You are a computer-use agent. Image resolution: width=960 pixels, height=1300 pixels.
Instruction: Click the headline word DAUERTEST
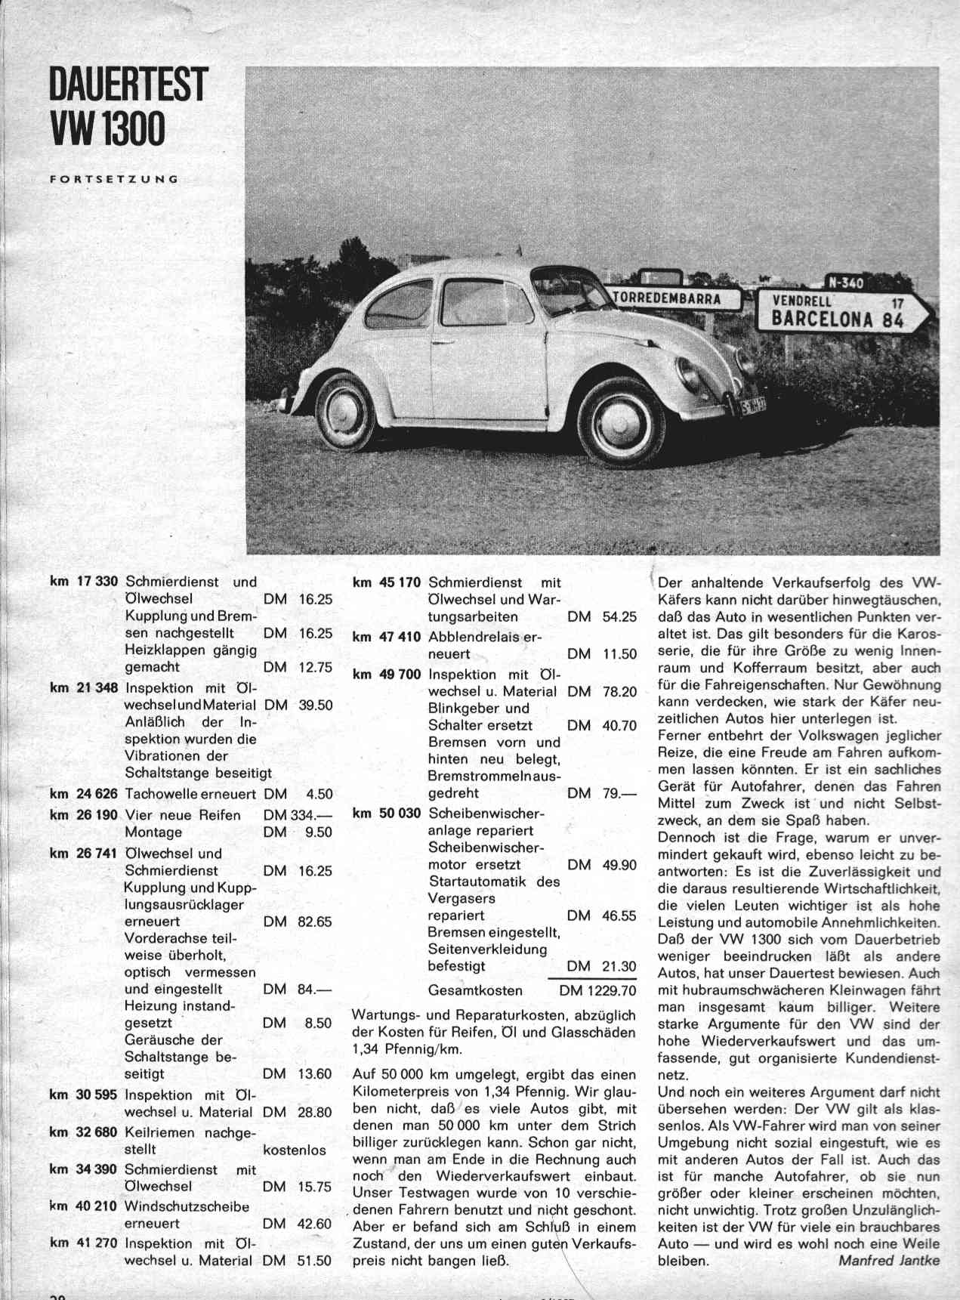click(x=127, y=85)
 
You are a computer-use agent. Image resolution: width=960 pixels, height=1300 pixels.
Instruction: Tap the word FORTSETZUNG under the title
click(x=113, y=180)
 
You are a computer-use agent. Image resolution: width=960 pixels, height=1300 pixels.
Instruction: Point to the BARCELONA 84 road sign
click(x=842, y=311)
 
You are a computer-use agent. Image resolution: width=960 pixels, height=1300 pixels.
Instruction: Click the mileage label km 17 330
click(x=84, y=582)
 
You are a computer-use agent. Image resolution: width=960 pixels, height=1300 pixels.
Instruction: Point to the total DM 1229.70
click(x=597, y=990)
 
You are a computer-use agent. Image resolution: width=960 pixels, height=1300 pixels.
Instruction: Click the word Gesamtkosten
click(x=475, y=990)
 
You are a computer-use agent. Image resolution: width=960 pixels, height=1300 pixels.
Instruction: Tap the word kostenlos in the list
click(x=295, y=1150)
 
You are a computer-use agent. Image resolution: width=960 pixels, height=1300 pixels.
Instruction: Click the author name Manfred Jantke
click(x=889, y=1260)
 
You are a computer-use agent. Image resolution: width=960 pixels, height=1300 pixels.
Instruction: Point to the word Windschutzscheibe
click(x=187, y=1206)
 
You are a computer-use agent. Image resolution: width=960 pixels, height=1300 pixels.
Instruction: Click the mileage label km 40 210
click(x=84, y=1206)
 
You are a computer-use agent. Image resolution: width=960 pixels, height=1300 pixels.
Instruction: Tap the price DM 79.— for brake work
click(x=602, y=793)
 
